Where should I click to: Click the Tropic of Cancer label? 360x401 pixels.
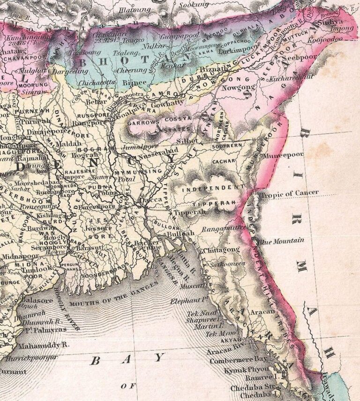(x=289, y=193)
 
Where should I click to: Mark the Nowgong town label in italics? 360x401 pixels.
(x=242, y=87)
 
